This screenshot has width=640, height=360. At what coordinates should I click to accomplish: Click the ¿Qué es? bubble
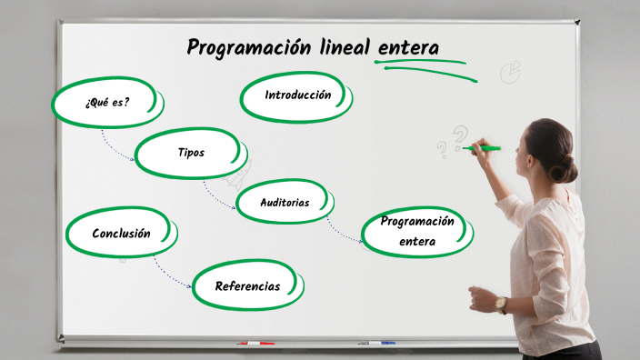tap(106, 102)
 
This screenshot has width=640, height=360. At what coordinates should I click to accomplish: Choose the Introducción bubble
tap(297, 95)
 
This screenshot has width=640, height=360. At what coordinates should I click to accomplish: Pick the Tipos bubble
tap(191, 152)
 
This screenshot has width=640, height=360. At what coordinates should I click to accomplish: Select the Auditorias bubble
tap(285, 203)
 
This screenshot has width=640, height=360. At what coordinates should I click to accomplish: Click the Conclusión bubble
tap(121, 234)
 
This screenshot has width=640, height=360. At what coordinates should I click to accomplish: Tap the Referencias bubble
tap(247, 286)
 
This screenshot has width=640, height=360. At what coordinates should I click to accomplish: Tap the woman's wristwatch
tap(501, 305)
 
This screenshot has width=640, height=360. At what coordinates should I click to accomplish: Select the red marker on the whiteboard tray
tap(255, 344)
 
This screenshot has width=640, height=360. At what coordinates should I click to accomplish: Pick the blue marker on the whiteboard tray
tap(376, 343)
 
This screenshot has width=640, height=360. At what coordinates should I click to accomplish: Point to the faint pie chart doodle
tap(511, 71)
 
